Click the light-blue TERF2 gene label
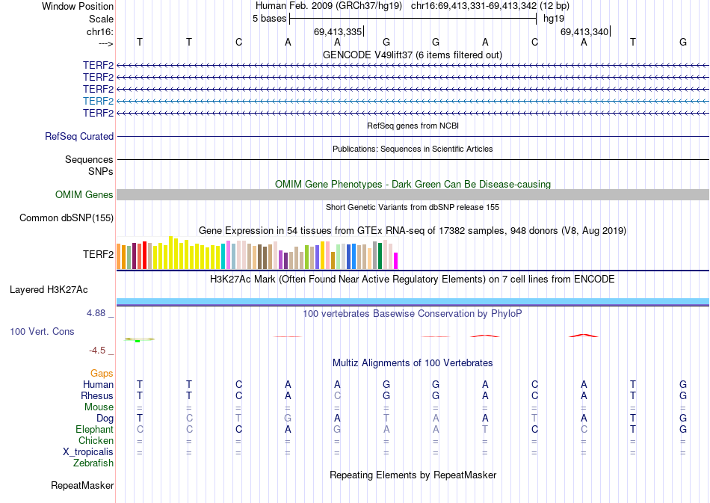(98, 101)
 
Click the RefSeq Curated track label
(79, 137)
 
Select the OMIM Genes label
(84, 195)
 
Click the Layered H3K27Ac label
(61, 289)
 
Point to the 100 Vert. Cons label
(42, 331)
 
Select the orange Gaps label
(102, 373)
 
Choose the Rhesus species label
(97, 395)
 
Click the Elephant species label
(94, 430)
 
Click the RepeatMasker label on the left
(82, 486)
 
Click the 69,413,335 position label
(338, 32)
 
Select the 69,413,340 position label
(584, 32)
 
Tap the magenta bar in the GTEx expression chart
(396, 260)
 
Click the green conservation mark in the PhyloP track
(138, 341)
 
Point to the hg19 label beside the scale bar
(554, 19)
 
